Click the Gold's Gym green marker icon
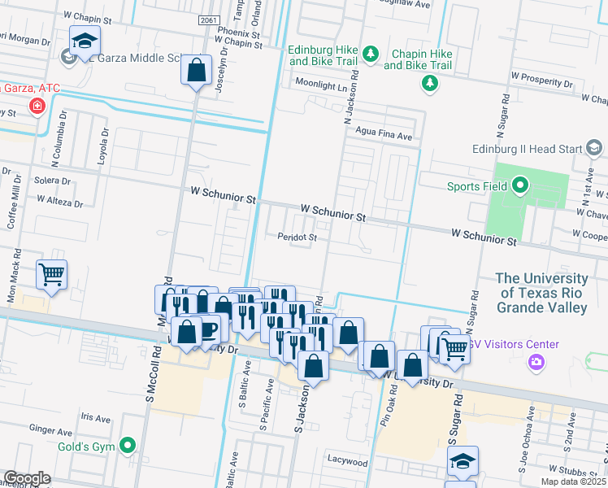tap(128, 445)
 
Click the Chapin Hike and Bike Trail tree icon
tap(428, 82)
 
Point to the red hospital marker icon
tap(37, 106)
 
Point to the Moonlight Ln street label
tap(320, 84)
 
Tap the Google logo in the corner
tap(27, 477)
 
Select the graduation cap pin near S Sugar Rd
tap(463, 460)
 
